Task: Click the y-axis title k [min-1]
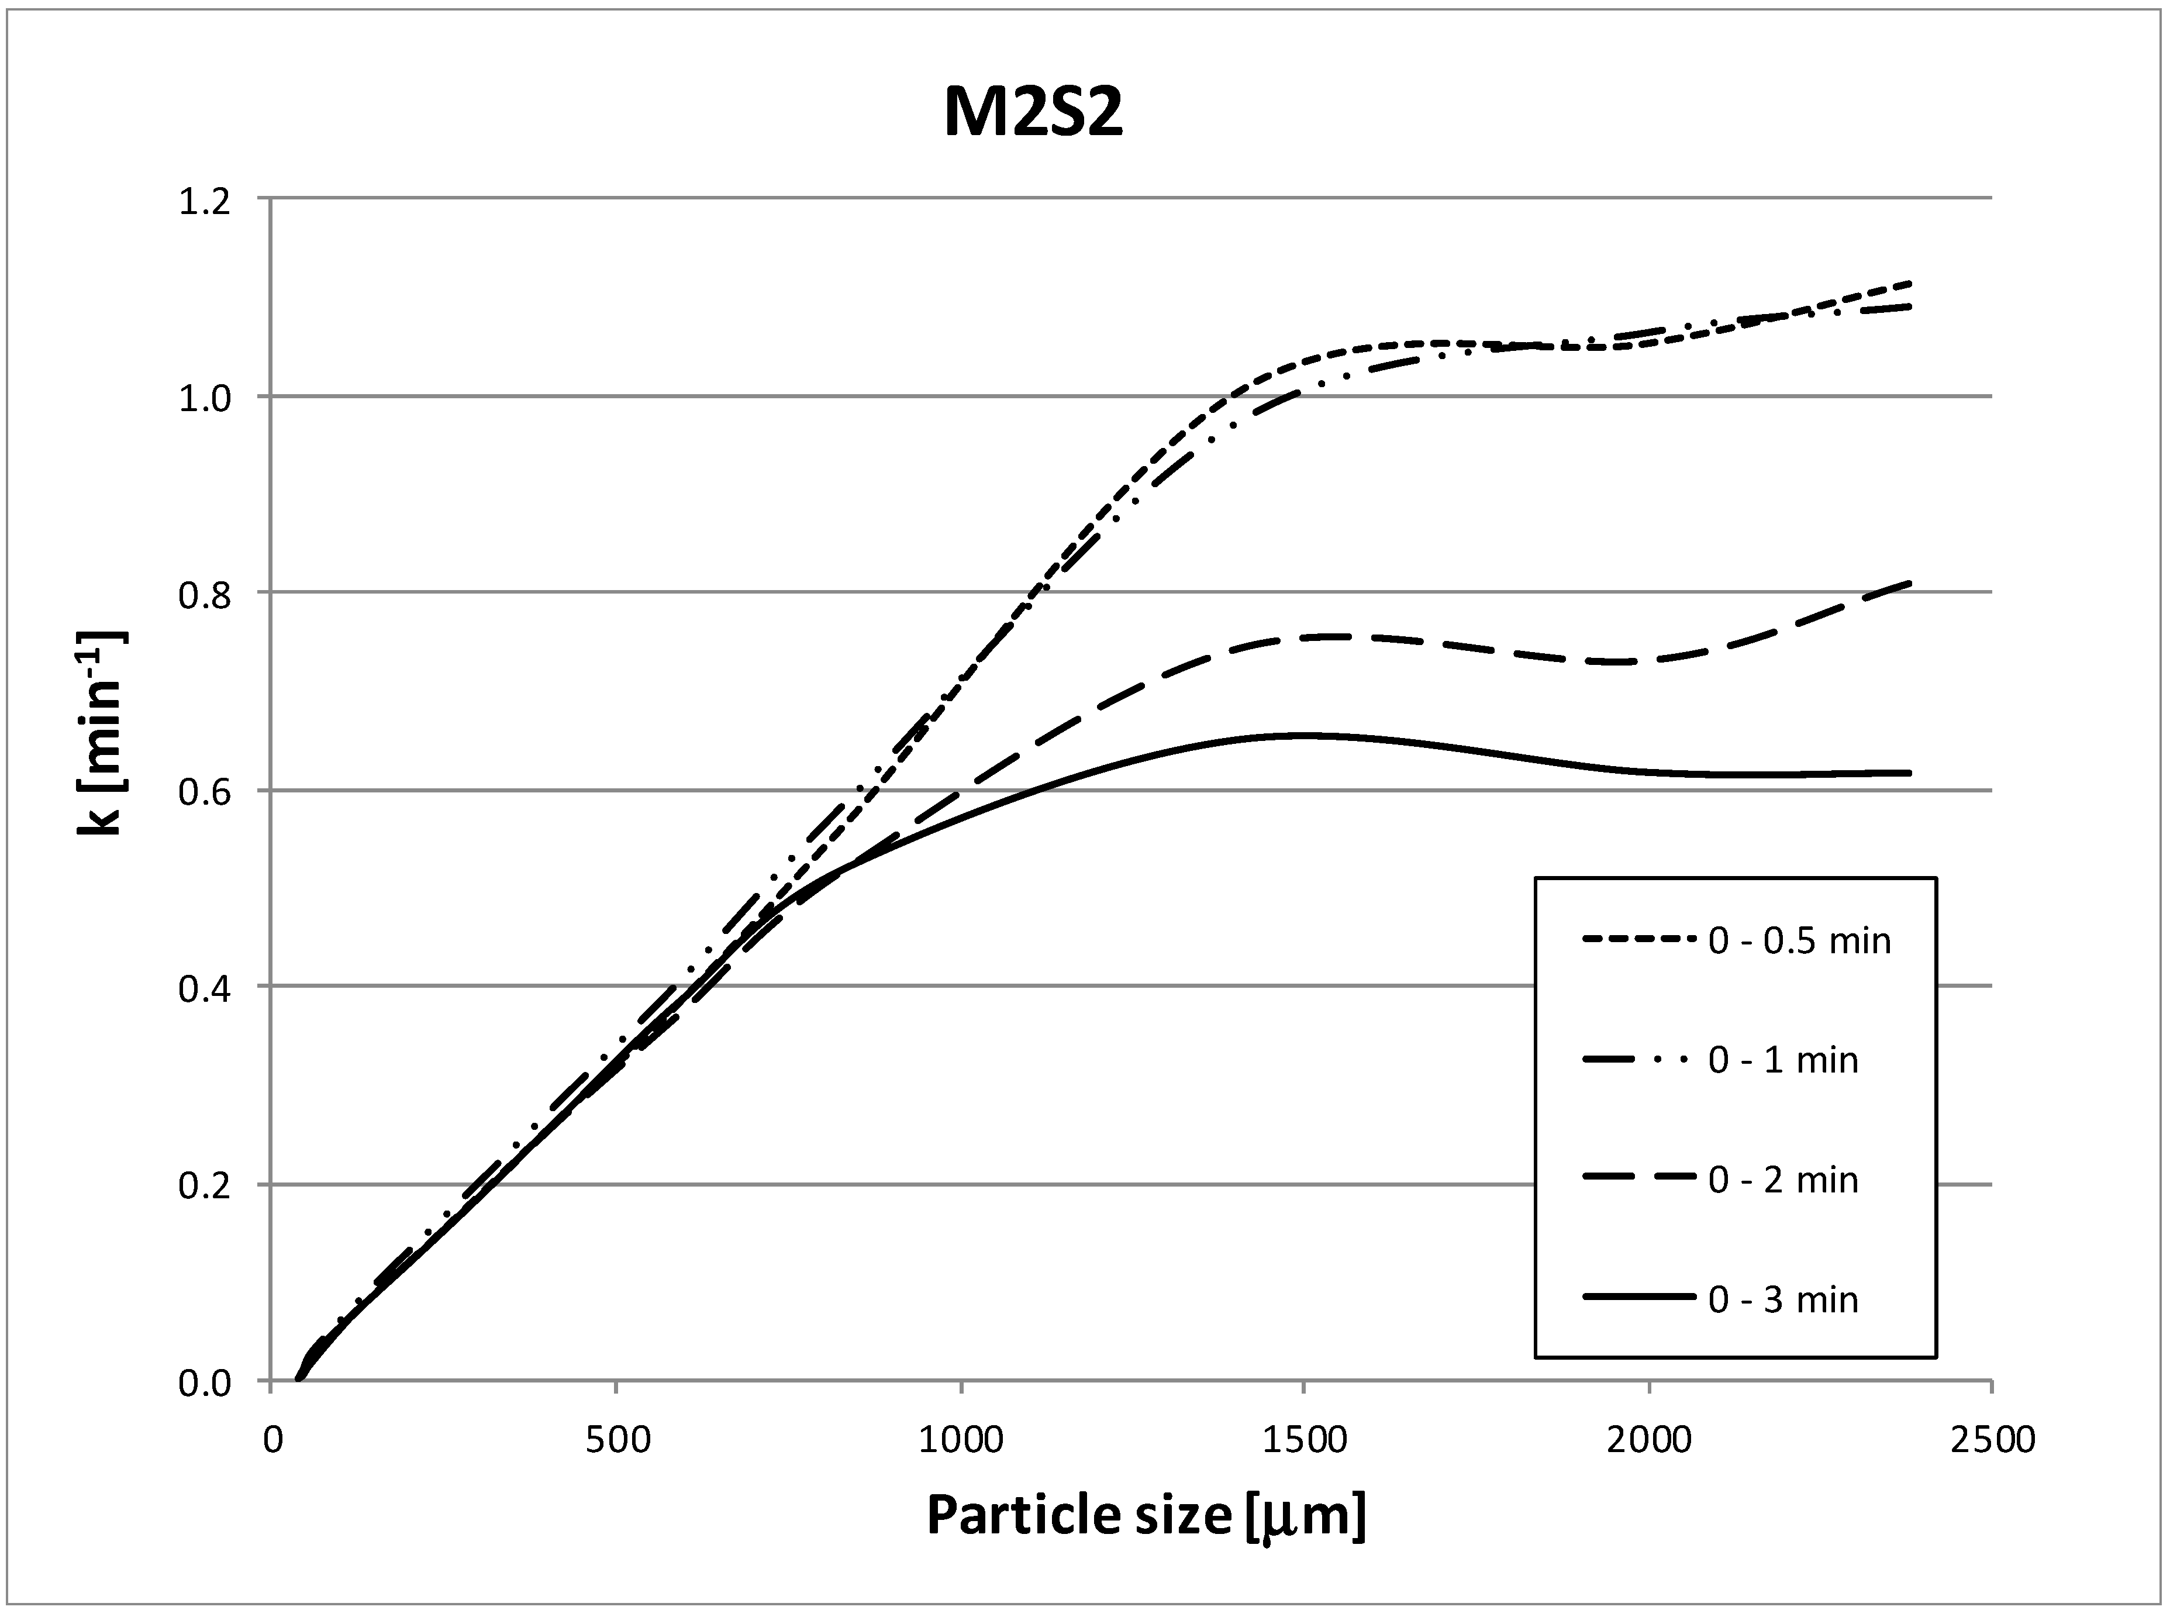(101, 732)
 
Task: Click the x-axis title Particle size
(1145, 1515)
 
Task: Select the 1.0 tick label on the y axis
(203, 398)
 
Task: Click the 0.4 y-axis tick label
(203, 988)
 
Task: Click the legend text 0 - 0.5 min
(1799, 940)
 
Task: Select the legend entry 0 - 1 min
(1782, 1060)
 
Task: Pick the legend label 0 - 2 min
(1782, 1180)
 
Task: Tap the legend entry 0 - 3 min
(1782, 1299)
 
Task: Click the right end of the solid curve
(1909, 773)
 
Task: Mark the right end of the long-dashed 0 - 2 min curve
(1909, 584)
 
